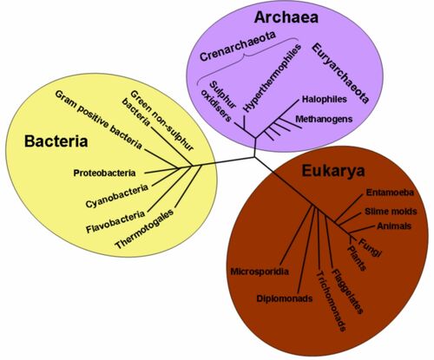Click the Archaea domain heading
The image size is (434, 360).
(x=286, y=17)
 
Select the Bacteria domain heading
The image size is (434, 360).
(x=56, y=141)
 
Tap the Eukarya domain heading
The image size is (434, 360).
(x=333, y=171)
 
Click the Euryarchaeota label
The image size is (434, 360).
(x=340, y=74)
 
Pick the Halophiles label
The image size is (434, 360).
(x=325, y=99)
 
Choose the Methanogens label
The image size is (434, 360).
(x=324, y=119)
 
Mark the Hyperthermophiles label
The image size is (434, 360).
(x=271, y=78)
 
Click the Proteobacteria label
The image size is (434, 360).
(x=104, y=173)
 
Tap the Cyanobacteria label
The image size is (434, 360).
(x=117, y=196)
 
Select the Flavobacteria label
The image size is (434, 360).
(x=115, y=222)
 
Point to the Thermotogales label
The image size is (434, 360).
(x=144, y=228)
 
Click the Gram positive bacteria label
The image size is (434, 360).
(x=98, y=120)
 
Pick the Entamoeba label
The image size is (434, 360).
(x=390, y=193)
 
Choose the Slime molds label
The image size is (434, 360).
(x=391, y=212)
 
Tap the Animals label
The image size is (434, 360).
(x=394, y=226)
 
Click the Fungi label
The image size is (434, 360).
(x=371, y=247)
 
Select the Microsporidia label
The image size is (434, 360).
(x=260, y=272)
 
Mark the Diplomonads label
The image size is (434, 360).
(x=285, y=298)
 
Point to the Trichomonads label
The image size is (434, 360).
(x=331, y=301)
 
